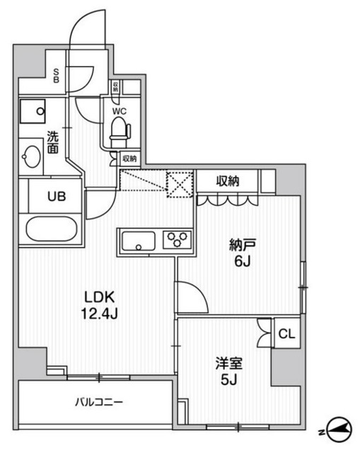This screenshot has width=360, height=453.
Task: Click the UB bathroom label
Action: [x=57, y=197]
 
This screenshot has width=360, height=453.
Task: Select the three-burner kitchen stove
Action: [x=177, y=239]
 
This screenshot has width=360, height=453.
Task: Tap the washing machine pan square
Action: [x=33, y=110]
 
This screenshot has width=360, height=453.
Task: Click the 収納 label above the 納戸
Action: [x=227, y=181]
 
